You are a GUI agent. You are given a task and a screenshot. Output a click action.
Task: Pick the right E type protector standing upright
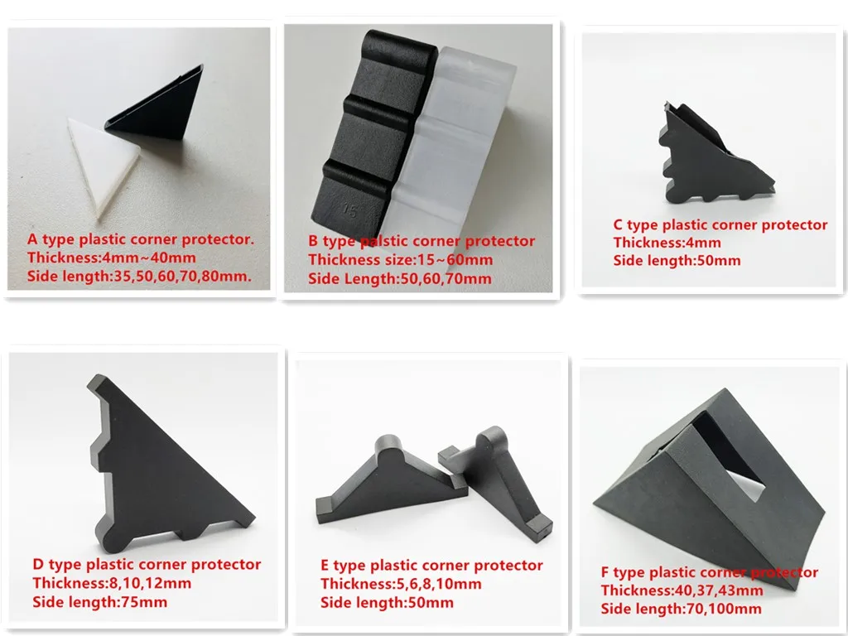point(497,480)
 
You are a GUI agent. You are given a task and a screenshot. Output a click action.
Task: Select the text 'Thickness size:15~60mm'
point(400,260)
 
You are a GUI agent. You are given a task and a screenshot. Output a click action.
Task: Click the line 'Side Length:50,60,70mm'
point(400,279)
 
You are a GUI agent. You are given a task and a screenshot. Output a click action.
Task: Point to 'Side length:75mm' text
point(99,602)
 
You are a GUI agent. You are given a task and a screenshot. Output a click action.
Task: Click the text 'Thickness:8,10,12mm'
point(112,584)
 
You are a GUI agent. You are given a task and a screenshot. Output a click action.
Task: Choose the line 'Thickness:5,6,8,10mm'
point(401,584)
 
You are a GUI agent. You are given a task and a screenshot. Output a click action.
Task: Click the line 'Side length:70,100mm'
point(681,609)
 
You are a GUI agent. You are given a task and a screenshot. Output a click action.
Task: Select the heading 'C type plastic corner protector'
point(720,224)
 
